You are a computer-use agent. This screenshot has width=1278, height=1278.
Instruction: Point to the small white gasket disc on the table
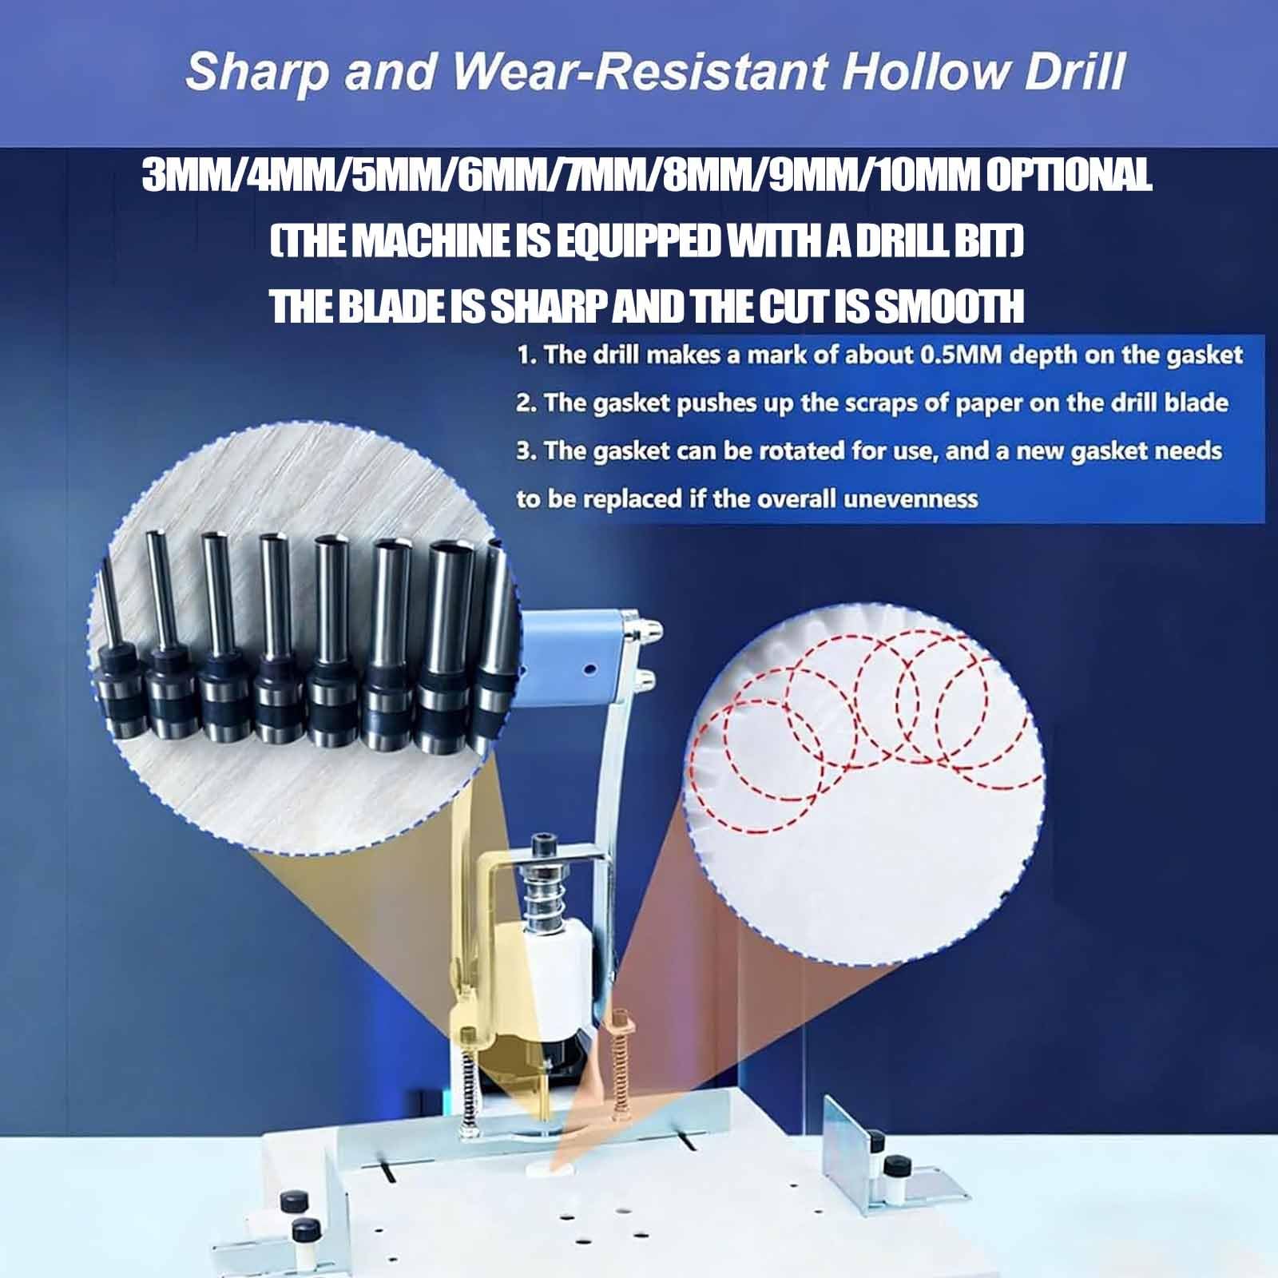pyautogui.click(x=551, y=1168)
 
